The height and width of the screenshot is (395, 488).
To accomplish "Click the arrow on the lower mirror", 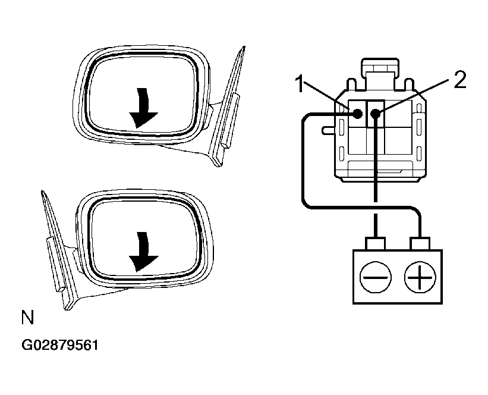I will (141, 252).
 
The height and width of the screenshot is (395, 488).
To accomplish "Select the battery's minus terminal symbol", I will (375, 277).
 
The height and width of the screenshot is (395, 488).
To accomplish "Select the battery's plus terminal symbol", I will (420, 277).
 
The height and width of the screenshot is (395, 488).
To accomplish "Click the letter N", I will (27, 317).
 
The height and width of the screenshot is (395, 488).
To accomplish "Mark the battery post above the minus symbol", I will (375, 243).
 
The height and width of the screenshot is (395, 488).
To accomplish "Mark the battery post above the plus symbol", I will (420, 243).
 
